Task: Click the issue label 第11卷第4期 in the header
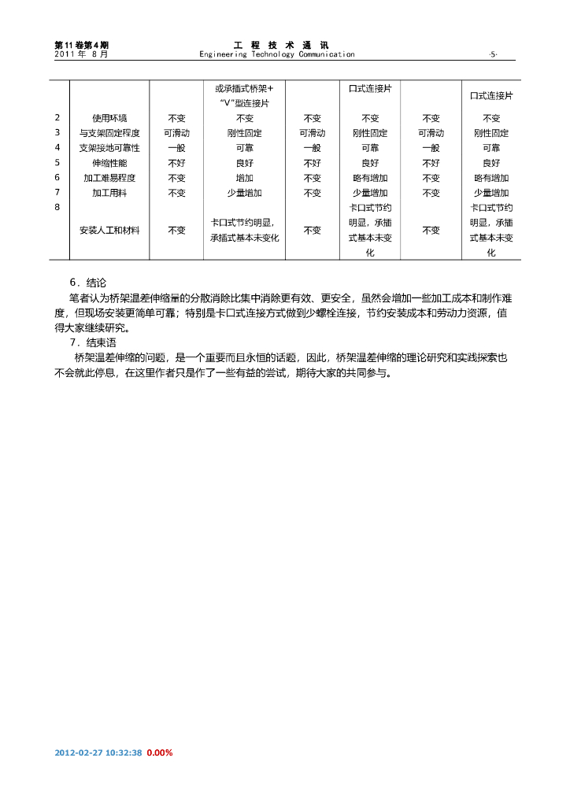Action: tap(82, 45)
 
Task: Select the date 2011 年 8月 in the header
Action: tap(82, 54)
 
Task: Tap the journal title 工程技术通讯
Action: tap(282, 45)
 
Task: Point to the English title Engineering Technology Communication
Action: tap(277, 54)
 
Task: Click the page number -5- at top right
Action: tap(493, 54)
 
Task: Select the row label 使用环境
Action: tap(109, 118)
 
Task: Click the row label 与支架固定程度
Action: tap(109, 133)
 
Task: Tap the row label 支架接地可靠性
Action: tap(109, 148)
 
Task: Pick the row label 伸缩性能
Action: tap(109, 163)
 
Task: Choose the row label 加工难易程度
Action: tap(109, 178)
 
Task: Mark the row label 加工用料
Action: tap(109, 193)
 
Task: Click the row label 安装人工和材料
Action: tap(109, 231)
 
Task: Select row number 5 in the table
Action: tap(57, 163)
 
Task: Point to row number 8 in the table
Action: tap(57, 208)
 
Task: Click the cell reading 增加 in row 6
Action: tap(244, 178)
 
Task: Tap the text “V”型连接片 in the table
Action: tap(244, 103)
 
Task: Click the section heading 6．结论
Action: tap(87, 282)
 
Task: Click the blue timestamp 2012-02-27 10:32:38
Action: tap(98, 753)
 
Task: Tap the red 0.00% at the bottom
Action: tap(160, 753)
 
